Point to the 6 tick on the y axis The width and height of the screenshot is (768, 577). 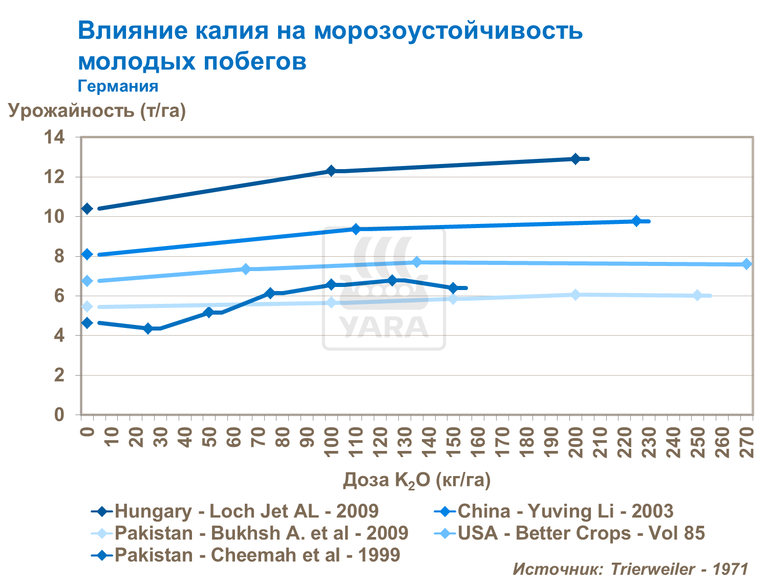point(59,296)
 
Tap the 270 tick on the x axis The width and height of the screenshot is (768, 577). point(747,437)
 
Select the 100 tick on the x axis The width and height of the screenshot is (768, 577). point(331,437)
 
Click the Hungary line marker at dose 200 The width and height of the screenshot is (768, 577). point(575,159)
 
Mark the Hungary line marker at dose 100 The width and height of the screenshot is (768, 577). point(331,171)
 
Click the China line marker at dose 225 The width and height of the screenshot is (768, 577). point(636,221)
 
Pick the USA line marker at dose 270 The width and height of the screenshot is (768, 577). point(746,264)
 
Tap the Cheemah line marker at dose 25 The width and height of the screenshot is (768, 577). point(148,328)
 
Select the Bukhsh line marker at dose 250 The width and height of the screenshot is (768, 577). point(697,295)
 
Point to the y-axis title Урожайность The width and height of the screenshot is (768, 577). point(97,110)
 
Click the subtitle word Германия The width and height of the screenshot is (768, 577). point(118,86)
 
